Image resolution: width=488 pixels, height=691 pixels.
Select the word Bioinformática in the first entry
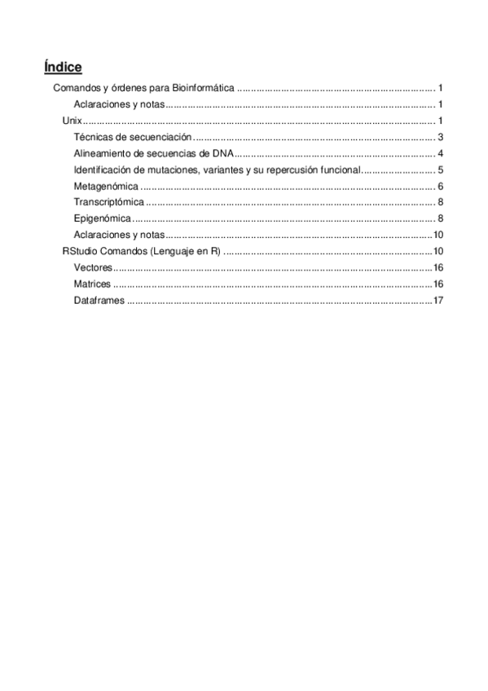click(x=204, y=88)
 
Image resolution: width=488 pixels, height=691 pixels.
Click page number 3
click(x=439, y=137)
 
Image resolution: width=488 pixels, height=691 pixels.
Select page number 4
click(x=439, y=153)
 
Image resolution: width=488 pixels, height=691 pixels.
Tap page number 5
click(x=439, y=169)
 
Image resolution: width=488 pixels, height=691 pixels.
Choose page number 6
click(x=439, y=186)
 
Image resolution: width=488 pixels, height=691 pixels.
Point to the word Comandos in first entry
click(x=77, y=88)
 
